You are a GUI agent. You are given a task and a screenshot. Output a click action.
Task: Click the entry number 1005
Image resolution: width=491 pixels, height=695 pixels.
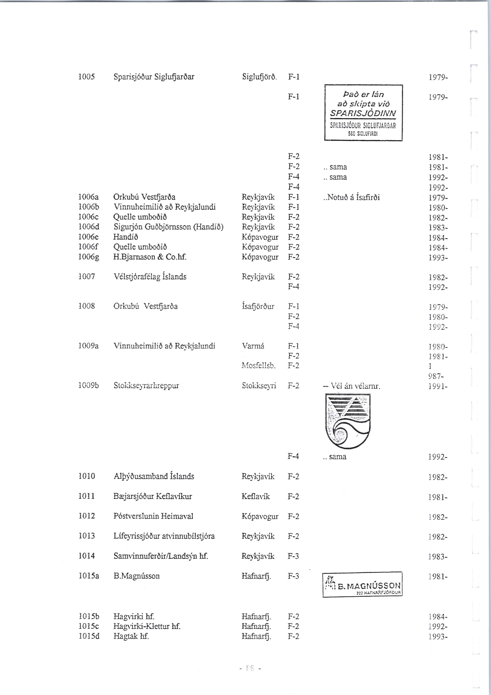pyautogui.click(x=87, y=77)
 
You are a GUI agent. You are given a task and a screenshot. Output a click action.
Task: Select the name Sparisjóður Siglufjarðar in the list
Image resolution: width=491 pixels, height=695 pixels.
pyautogui.click(x=154, y=77)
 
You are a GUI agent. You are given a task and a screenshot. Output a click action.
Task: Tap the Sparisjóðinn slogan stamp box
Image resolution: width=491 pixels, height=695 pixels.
pyautogui.click(x=363, y=113)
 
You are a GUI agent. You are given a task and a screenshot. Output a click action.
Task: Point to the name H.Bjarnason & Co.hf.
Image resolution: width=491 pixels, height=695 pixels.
pyautogui.click(x=150, y=257)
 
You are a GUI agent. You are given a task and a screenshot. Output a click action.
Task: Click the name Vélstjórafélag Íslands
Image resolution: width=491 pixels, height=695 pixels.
pyautogui.click(x=150, y=277)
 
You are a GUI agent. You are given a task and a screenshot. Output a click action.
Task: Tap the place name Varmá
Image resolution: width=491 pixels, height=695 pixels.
pyautogui.click(x=253, y=346)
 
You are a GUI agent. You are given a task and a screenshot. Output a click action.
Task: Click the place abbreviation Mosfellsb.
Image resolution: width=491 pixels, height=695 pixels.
pyautogui.click(x=259, y=366)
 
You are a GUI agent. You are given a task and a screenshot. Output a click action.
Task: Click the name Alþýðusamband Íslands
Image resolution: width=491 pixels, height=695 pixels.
pyautogui.click(x=154, y=476)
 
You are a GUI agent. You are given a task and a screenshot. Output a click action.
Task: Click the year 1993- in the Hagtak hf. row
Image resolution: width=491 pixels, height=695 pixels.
pyautogui.click(x=438, y=637)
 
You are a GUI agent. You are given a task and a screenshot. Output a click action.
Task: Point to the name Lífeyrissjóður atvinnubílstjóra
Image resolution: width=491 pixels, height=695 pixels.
pyautogui.click(x=164, y=536)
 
